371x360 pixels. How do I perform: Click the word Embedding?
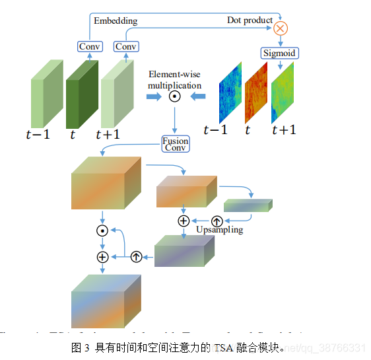pyautogui.click(x=116, y=20)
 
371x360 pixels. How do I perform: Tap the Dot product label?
pyautogui.click(x=250, y=20)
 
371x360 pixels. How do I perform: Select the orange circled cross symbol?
pyautogui.click(x=281, y=28)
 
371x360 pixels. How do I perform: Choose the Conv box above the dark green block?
pyautogui.click(x=89, y=46)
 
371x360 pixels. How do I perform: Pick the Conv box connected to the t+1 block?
pyautogui.click(x=125, y=46)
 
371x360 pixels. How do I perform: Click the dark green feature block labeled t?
pyautogui.click(x=81, y=94)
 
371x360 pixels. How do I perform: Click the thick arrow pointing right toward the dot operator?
pyautogui.click(x=154, y=97)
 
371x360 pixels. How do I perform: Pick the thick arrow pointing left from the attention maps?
pyautogui.click(x=196, y=97)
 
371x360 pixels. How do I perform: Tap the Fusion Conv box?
pyautogui.click(x=175, y=144)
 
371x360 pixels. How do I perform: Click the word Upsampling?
pyautogui.click(x=219, y=230)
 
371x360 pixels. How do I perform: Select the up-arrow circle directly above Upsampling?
pyautogui.click(x=217, y=221)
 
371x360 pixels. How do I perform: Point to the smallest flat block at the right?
pyautogui.click(x=248, y=205)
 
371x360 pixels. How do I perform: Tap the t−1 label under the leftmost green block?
pyautogui.click(x=38, y=134)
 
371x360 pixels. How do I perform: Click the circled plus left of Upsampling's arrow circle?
pyautogui.click(x=184, y=221)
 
